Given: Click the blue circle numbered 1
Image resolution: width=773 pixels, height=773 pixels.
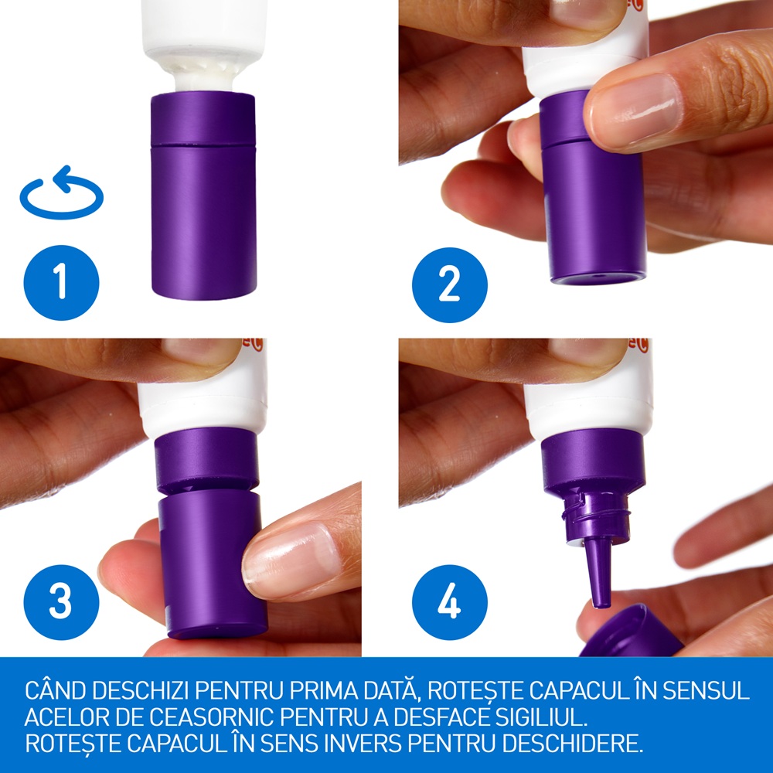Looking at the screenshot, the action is pos(61,282).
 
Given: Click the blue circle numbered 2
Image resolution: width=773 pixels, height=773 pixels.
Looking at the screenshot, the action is pos(450,285).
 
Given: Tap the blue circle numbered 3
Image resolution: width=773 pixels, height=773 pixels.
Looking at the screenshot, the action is pos(61,602).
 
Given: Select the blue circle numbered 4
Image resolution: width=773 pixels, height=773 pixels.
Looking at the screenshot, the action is pos(450,602).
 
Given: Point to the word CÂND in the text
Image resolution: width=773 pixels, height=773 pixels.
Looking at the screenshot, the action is pos(55,690).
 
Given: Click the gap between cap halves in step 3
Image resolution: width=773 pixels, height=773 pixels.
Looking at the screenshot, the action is pos(208,491).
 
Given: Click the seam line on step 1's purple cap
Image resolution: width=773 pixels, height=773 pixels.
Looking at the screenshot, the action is pos(203,145).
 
